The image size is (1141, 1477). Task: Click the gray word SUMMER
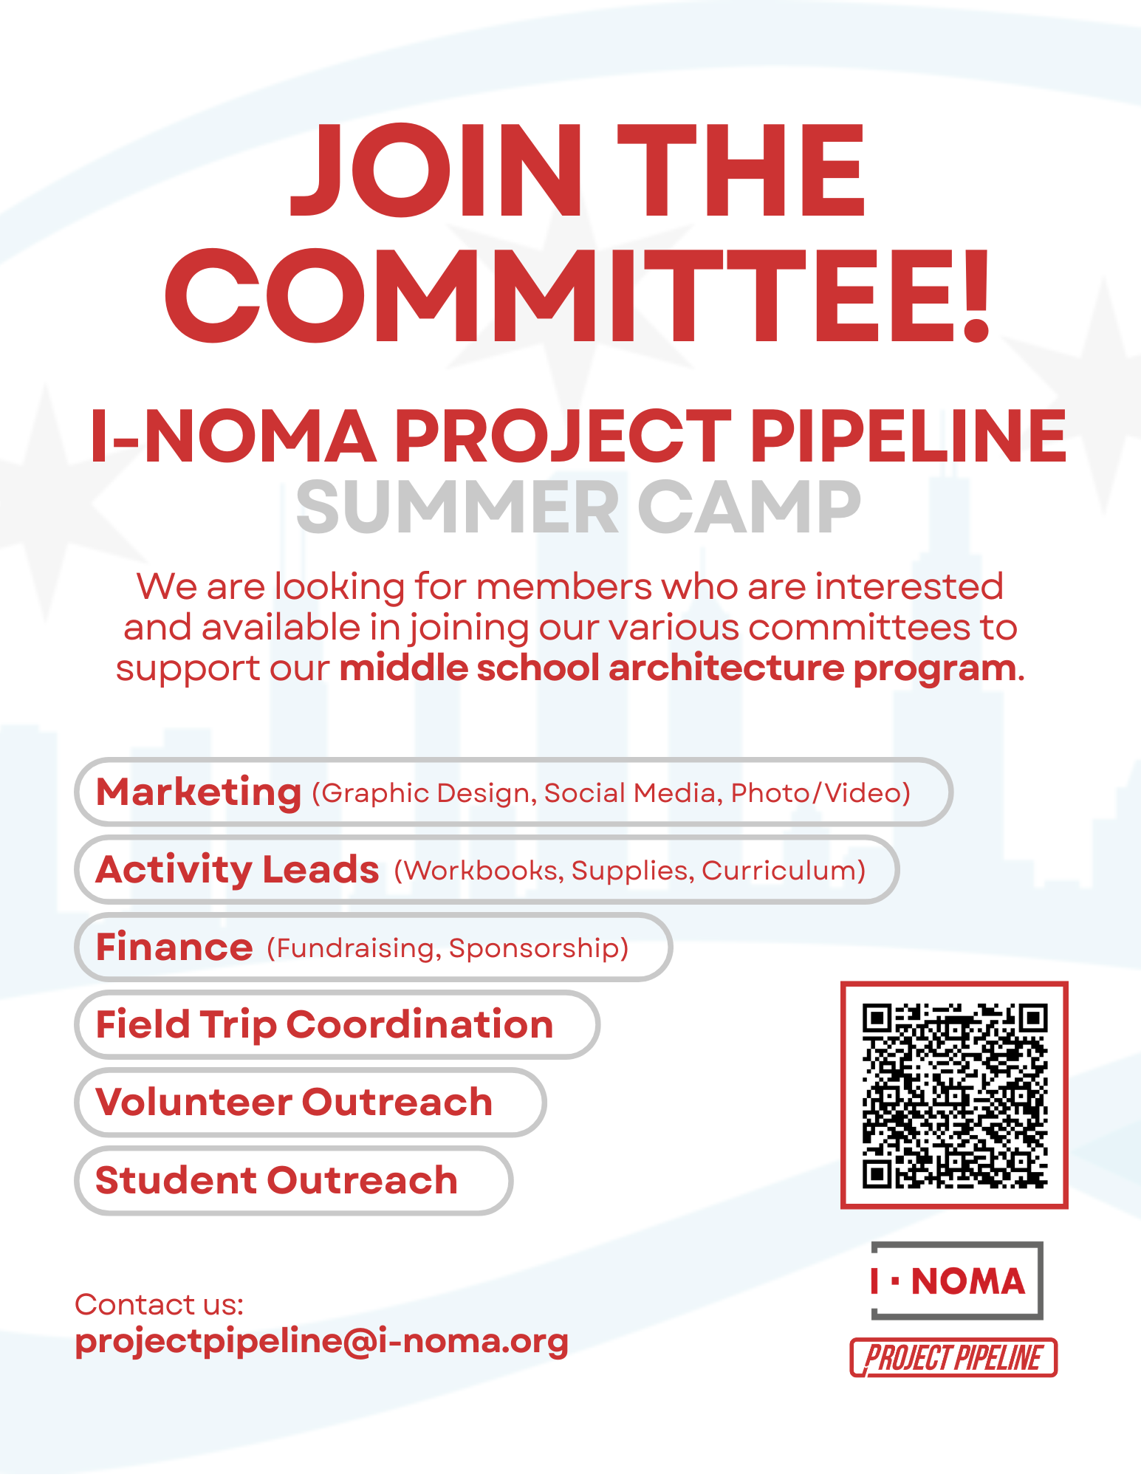click(x=458, y=508)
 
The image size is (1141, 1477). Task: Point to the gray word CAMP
click(x=749, y=508)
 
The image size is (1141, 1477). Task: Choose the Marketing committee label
click(x=199, y=792)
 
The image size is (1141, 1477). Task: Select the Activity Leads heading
click(x=237, y=870)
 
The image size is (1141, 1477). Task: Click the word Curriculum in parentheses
click(x=783, y=871)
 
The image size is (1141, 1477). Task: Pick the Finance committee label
click(x=174, y=947)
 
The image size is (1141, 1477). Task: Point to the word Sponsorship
click(x=538, y=948)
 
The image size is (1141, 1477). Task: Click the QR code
click(x=954, y=1095)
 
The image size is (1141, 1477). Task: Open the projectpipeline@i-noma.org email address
click(x=322, y=1341)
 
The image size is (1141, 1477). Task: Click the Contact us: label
click(x=159, y=1305)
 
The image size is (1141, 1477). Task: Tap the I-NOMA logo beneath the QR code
click(x=956, y=1281)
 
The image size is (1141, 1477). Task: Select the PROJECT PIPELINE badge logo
click(x=953, y=1358)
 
